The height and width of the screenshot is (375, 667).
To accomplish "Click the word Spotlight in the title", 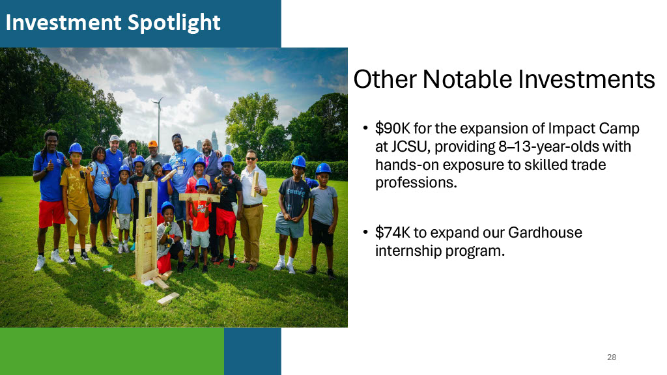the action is tap(173, 23).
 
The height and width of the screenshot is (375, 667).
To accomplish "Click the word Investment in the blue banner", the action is tap(63, 22).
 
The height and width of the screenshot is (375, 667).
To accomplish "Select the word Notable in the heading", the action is tap(467, 79).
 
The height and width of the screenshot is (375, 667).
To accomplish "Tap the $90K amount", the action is tap(392, 128).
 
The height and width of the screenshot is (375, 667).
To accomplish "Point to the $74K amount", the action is tap(392, 232).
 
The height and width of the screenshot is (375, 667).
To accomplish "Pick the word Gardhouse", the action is tap(545, 232).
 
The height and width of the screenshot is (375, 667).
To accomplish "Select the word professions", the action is tap(416, 183).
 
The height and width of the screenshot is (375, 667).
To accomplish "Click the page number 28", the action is tap(612, 357).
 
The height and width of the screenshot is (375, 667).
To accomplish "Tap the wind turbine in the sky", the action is tap(158, 119).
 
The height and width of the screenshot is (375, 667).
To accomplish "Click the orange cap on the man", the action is tap(152, 144).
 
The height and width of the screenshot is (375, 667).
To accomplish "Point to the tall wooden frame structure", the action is tap(146, 230).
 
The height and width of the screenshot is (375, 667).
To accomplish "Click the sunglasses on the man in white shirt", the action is tap(251, 159).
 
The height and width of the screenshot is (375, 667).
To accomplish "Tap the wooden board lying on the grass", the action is tap(168, 298).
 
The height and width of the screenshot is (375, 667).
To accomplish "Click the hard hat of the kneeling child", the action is tap(167, 207).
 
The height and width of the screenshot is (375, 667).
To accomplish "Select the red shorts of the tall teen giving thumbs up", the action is tap(51, 214).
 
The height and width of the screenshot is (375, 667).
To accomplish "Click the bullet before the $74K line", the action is tap(365, 232).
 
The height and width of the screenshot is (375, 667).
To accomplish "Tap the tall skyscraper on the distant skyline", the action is tap(214, 141).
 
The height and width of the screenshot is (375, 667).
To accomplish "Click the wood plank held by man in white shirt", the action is tap(255, 184).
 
